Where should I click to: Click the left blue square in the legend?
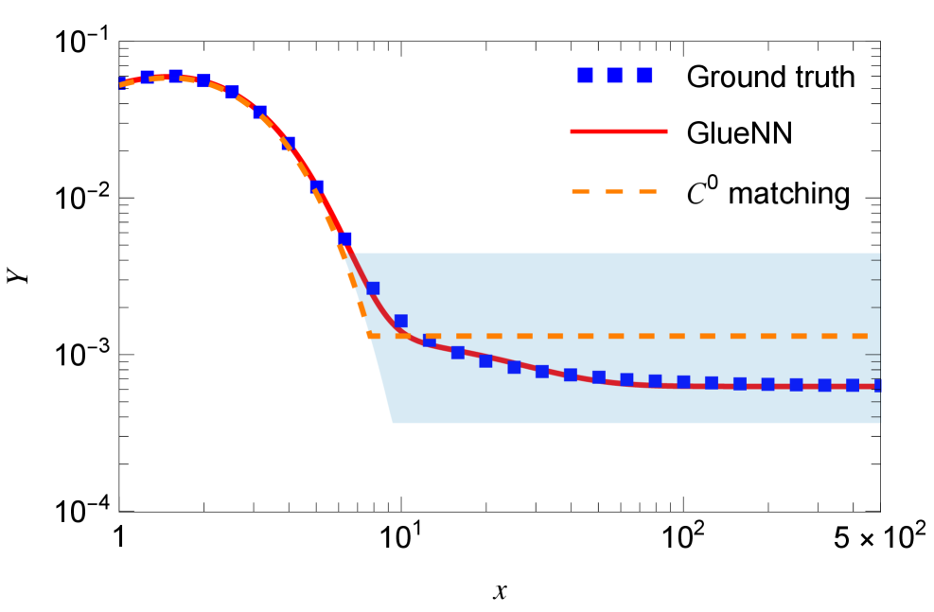[585, 75]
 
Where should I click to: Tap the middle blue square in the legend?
[614, 75]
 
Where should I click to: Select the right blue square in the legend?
[643, 75]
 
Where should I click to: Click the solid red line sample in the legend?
[618, 131]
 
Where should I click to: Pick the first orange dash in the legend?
[580, 191]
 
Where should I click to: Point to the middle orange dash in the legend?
[614, 191]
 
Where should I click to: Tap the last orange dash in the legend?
[647, 191]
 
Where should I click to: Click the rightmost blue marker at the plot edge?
[878, 385]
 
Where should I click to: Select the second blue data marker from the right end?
[852, 385]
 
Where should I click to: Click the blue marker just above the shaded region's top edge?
[344, 238]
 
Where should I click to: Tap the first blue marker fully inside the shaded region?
[373, 288]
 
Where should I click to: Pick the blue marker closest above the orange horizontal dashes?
[400, 321]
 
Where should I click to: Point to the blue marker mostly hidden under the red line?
[429, 341]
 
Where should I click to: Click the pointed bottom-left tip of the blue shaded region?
[392, 423]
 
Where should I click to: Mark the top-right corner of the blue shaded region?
[880, 254]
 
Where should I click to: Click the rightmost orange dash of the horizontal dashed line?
[859, 336]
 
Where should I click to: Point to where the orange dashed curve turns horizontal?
[369, 335]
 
